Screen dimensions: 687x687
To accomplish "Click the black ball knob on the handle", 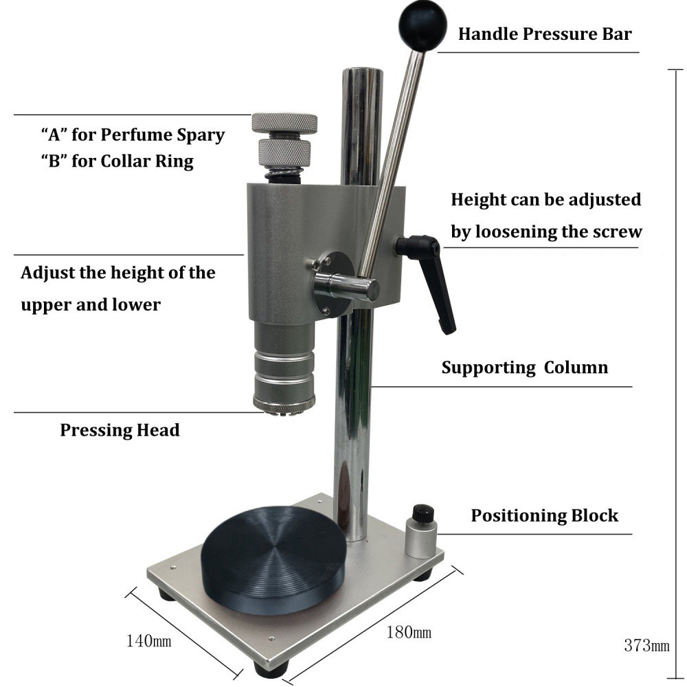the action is click(x=423, y=25).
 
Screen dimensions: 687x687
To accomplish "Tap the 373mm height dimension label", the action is click(x=646, y=645).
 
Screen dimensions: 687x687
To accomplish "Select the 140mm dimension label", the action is click(x=148, y=641).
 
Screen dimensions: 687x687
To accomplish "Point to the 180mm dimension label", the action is click(x=408, y=632).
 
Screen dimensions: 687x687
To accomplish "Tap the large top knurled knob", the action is click(x=284, y=123).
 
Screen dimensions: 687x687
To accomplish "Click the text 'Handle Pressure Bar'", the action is click(x=545, y=34).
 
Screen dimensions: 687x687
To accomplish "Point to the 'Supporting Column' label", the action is click(x=524, y=367).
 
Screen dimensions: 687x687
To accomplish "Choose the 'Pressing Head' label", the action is click(x=120, y=430).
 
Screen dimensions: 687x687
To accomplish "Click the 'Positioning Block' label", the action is click(x=544, y=515).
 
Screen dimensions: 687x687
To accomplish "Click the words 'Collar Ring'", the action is click(x=147, y=161).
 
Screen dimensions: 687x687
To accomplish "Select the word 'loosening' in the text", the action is click(x=516, y=232).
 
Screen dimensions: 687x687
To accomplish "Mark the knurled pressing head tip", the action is click(x=284, y=405).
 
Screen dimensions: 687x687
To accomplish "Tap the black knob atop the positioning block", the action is click(x=423, y=513).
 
